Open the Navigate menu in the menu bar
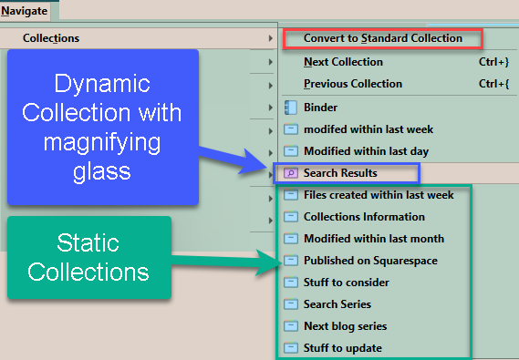click(24, 10)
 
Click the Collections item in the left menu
click(50, 38)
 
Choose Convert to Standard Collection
click(382, 38)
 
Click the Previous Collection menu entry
click(352, 84)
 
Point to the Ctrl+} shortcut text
click(493, 62)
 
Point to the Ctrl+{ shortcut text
click(493, 84)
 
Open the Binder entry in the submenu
click(321, 108)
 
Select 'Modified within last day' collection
click(366, 151)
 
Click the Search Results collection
click(340, 173)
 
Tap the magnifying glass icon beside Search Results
click(291, 173)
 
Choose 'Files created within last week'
click(378, 195)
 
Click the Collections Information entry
click(364, 217)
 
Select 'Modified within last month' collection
click(373, 239)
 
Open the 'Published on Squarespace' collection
click(370, 261)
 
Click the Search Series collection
click(337, 304)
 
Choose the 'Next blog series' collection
click(345, 326)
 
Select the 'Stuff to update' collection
click(342, 348)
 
